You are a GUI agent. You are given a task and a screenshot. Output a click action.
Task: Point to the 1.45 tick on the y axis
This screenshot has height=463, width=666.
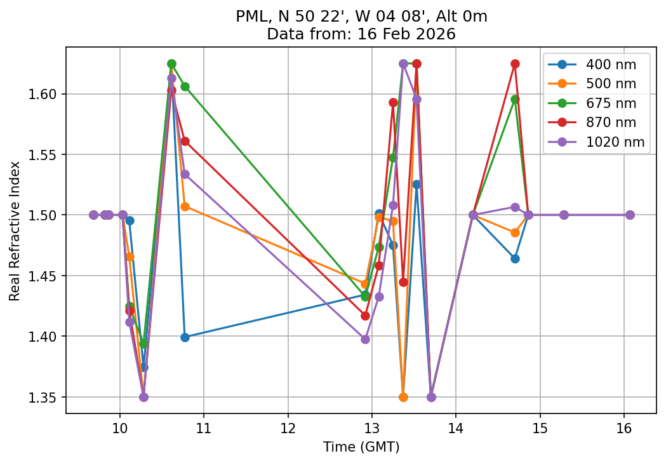coord(47,276)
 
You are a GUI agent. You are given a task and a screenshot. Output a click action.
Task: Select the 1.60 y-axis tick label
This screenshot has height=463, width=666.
coord(47,94)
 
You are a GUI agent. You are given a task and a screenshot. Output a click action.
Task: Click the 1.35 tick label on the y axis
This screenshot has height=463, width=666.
coord(47,397)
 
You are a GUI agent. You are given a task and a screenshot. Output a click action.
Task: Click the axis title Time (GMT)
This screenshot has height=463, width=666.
coord(361,447)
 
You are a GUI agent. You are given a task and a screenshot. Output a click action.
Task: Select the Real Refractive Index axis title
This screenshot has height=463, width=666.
coord(15,231)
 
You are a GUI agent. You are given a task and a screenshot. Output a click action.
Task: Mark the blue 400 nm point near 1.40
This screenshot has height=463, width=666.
coord(185,337)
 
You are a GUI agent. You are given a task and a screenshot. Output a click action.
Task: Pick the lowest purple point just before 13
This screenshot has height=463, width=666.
coord(365,339)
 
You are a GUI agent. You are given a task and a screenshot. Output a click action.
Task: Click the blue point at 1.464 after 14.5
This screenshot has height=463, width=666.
coord(515,258)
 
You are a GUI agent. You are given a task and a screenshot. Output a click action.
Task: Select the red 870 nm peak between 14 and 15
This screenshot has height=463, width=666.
coord(515,64)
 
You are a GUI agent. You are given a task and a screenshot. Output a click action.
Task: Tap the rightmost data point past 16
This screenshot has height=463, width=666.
coord(630,215)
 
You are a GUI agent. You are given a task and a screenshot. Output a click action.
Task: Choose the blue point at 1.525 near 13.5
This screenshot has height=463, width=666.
coord(416,184)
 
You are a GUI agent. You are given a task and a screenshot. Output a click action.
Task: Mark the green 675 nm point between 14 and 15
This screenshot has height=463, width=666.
coord(515,99)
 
